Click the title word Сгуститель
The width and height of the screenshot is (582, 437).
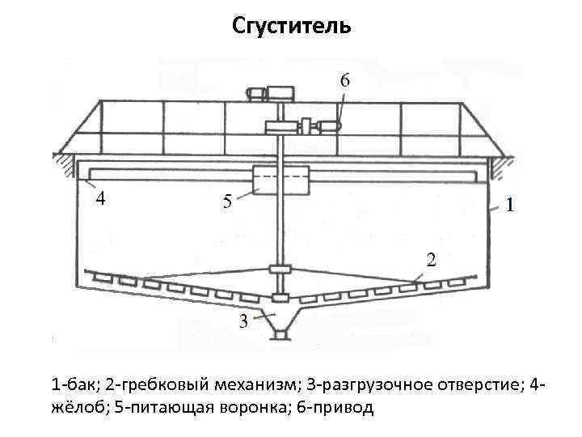pyautogui.click(x=291, y=27)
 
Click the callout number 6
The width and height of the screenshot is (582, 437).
pyautogui.click(x=345, y=79)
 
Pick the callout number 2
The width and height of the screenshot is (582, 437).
pyautogui.click(x=430, y=260)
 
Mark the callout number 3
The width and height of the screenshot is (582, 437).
pyautogui.click(x=243, y=322)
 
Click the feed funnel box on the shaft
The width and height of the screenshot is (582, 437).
pyautogui.click(x=280, y=180)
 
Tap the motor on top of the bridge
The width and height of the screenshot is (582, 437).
pyautogui.click(x=281, y=93)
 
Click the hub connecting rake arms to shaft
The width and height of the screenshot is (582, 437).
pyautogui.click(x=280, y=269)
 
